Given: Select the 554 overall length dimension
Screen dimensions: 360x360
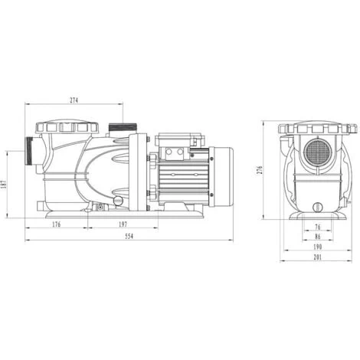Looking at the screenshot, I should click(x=130, y=236).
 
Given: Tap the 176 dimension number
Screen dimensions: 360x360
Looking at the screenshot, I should click(x=57, y=224).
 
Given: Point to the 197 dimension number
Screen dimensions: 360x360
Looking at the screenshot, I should click(x=123, y=224).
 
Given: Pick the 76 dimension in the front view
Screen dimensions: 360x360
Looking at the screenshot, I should click(x=317, y=227).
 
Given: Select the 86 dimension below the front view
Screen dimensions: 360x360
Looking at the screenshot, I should click(x=317, y=237).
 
